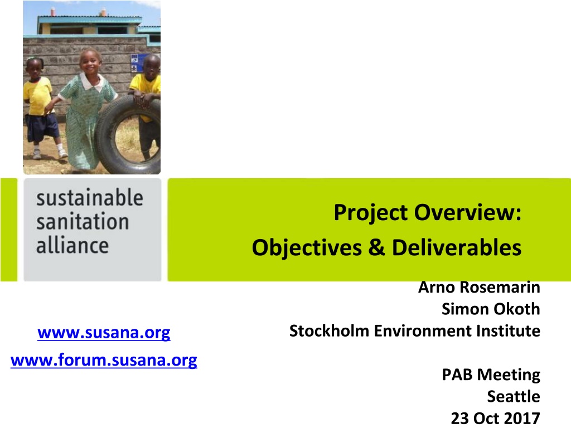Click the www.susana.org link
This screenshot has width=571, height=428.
(104, 333)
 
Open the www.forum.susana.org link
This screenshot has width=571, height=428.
(104, 361)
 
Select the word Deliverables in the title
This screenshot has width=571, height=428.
(457, 247)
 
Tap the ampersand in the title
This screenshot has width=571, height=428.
(376, 247)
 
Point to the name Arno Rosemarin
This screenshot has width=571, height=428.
(479, 287)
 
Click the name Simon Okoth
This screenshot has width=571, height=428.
(491, 309)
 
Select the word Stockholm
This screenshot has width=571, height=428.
(329, 331)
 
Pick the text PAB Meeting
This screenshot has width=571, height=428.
(491, 374)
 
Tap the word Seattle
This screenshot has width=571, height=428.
(514, 396)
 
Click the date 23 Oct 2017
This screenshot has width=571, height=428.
(496, 418)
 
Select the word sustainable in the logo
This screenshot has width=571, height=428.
(90, 198)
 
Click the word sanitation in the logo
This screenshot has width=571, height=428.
(83, 222)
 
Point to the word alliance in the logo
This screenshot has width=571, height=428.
(72, 245)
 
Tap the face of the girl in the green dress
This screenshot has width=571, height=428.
(90, 62)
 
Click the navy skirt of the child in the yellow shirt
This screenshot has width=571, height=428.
(42, 128)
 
